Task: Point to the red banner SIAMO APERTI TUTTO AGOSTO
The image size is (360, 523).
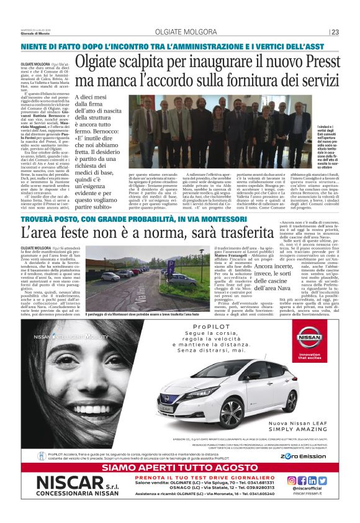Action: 179,466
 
